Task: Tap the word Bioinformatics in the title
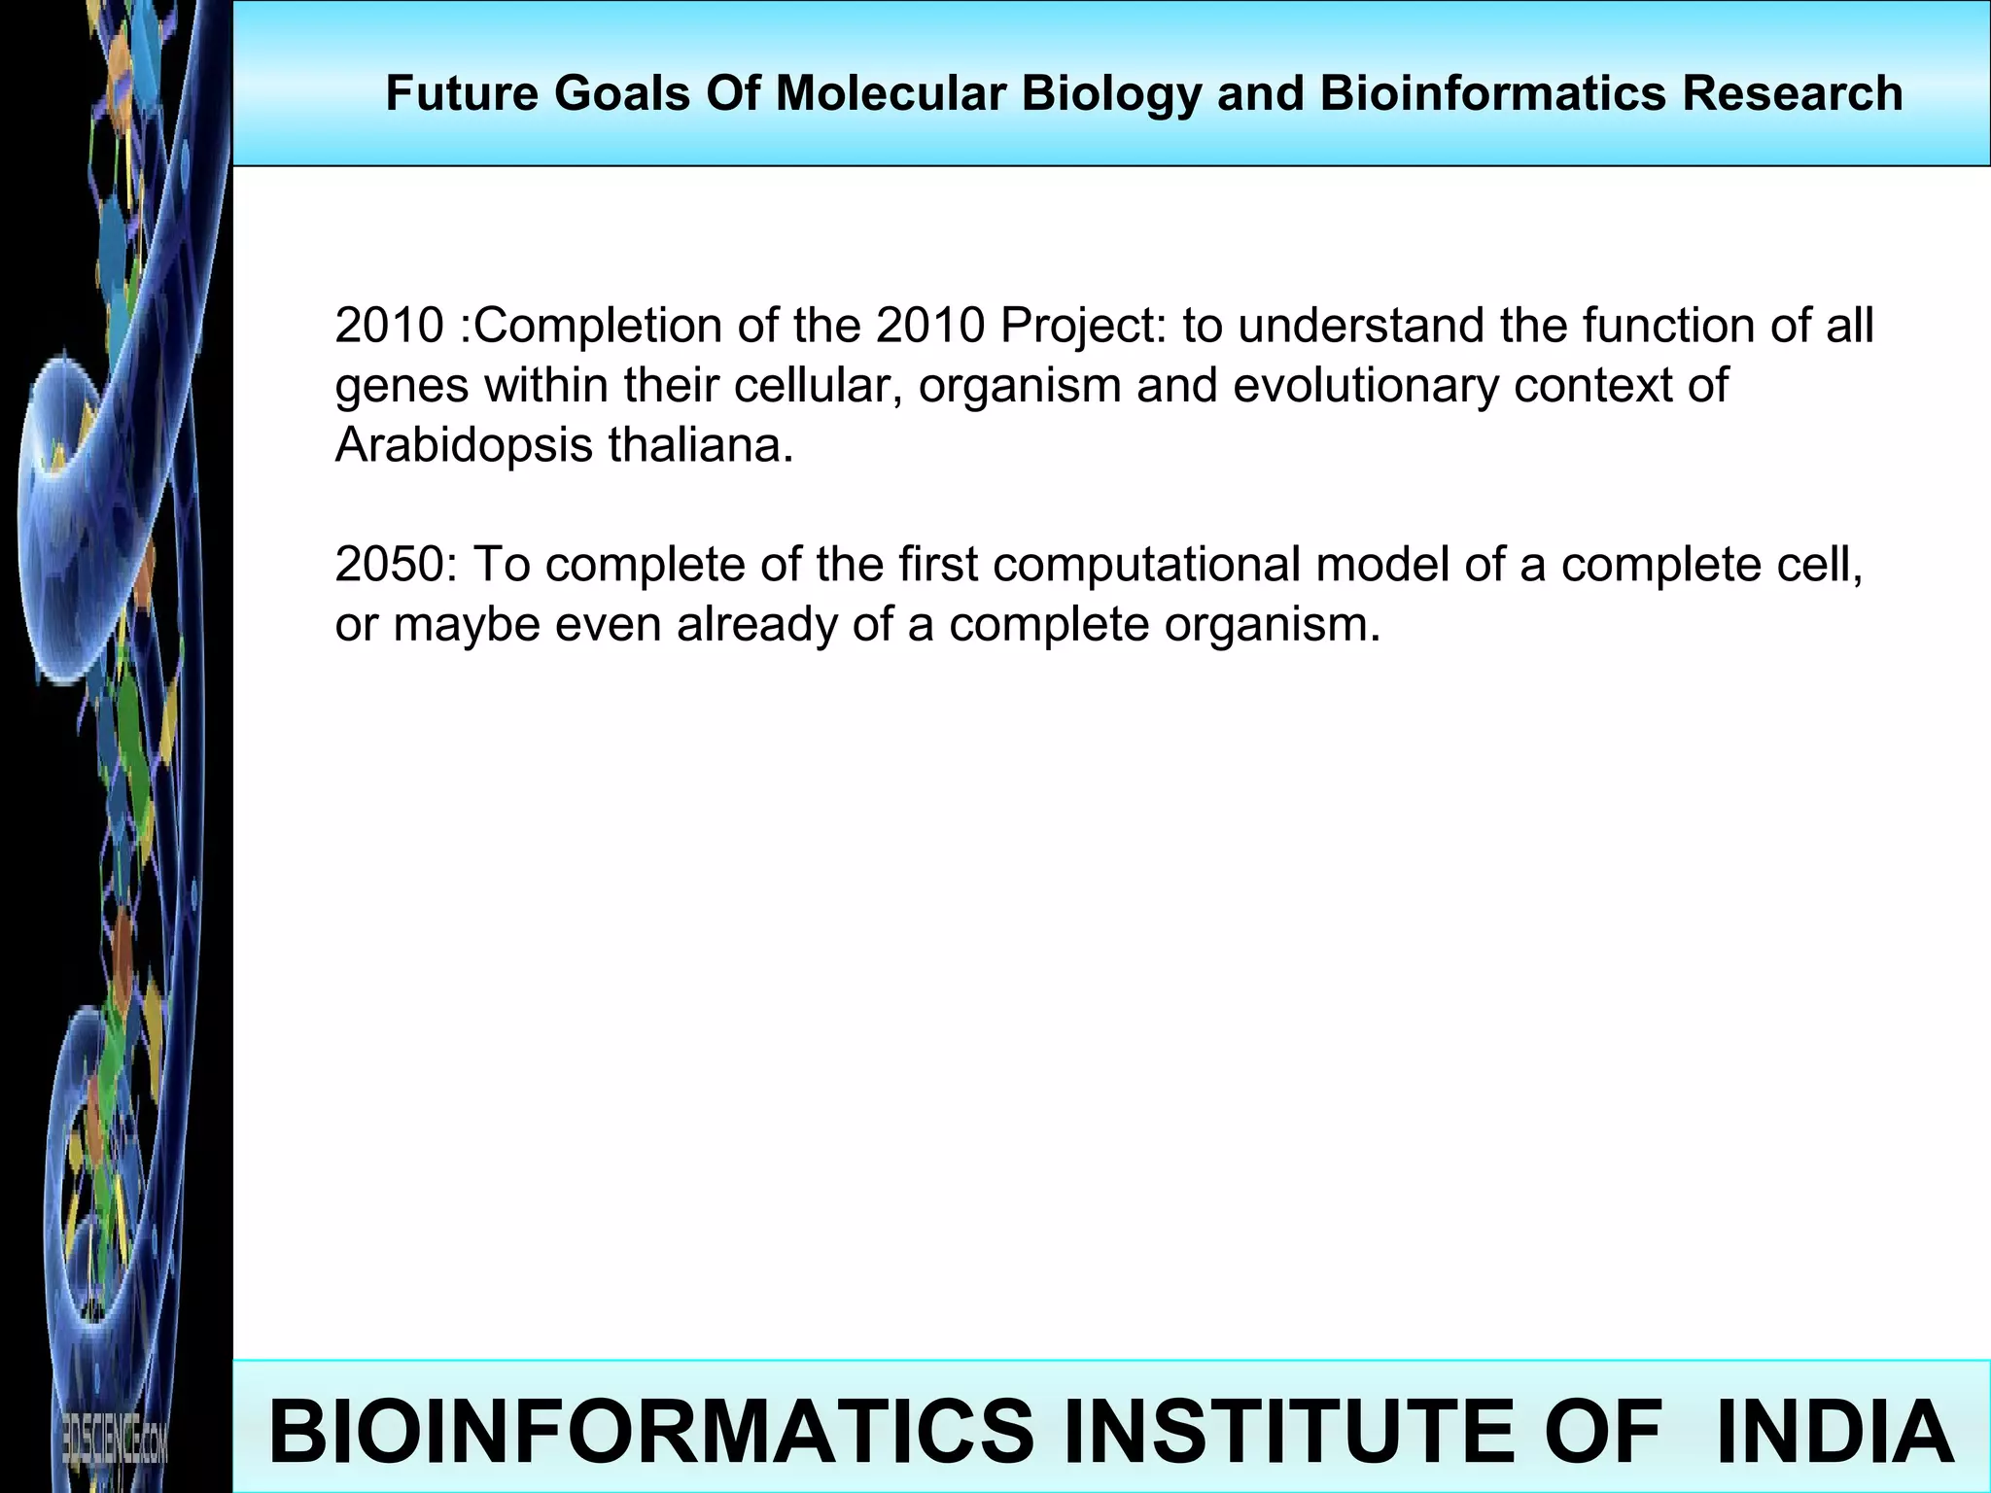(1492, 94)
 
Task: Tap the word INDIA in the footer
(1834, 1431)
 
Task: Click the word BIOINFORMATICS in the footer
(650, 1431)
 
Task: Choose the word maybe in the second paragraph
(466, 625)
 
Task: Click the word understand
(1360, 326)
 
